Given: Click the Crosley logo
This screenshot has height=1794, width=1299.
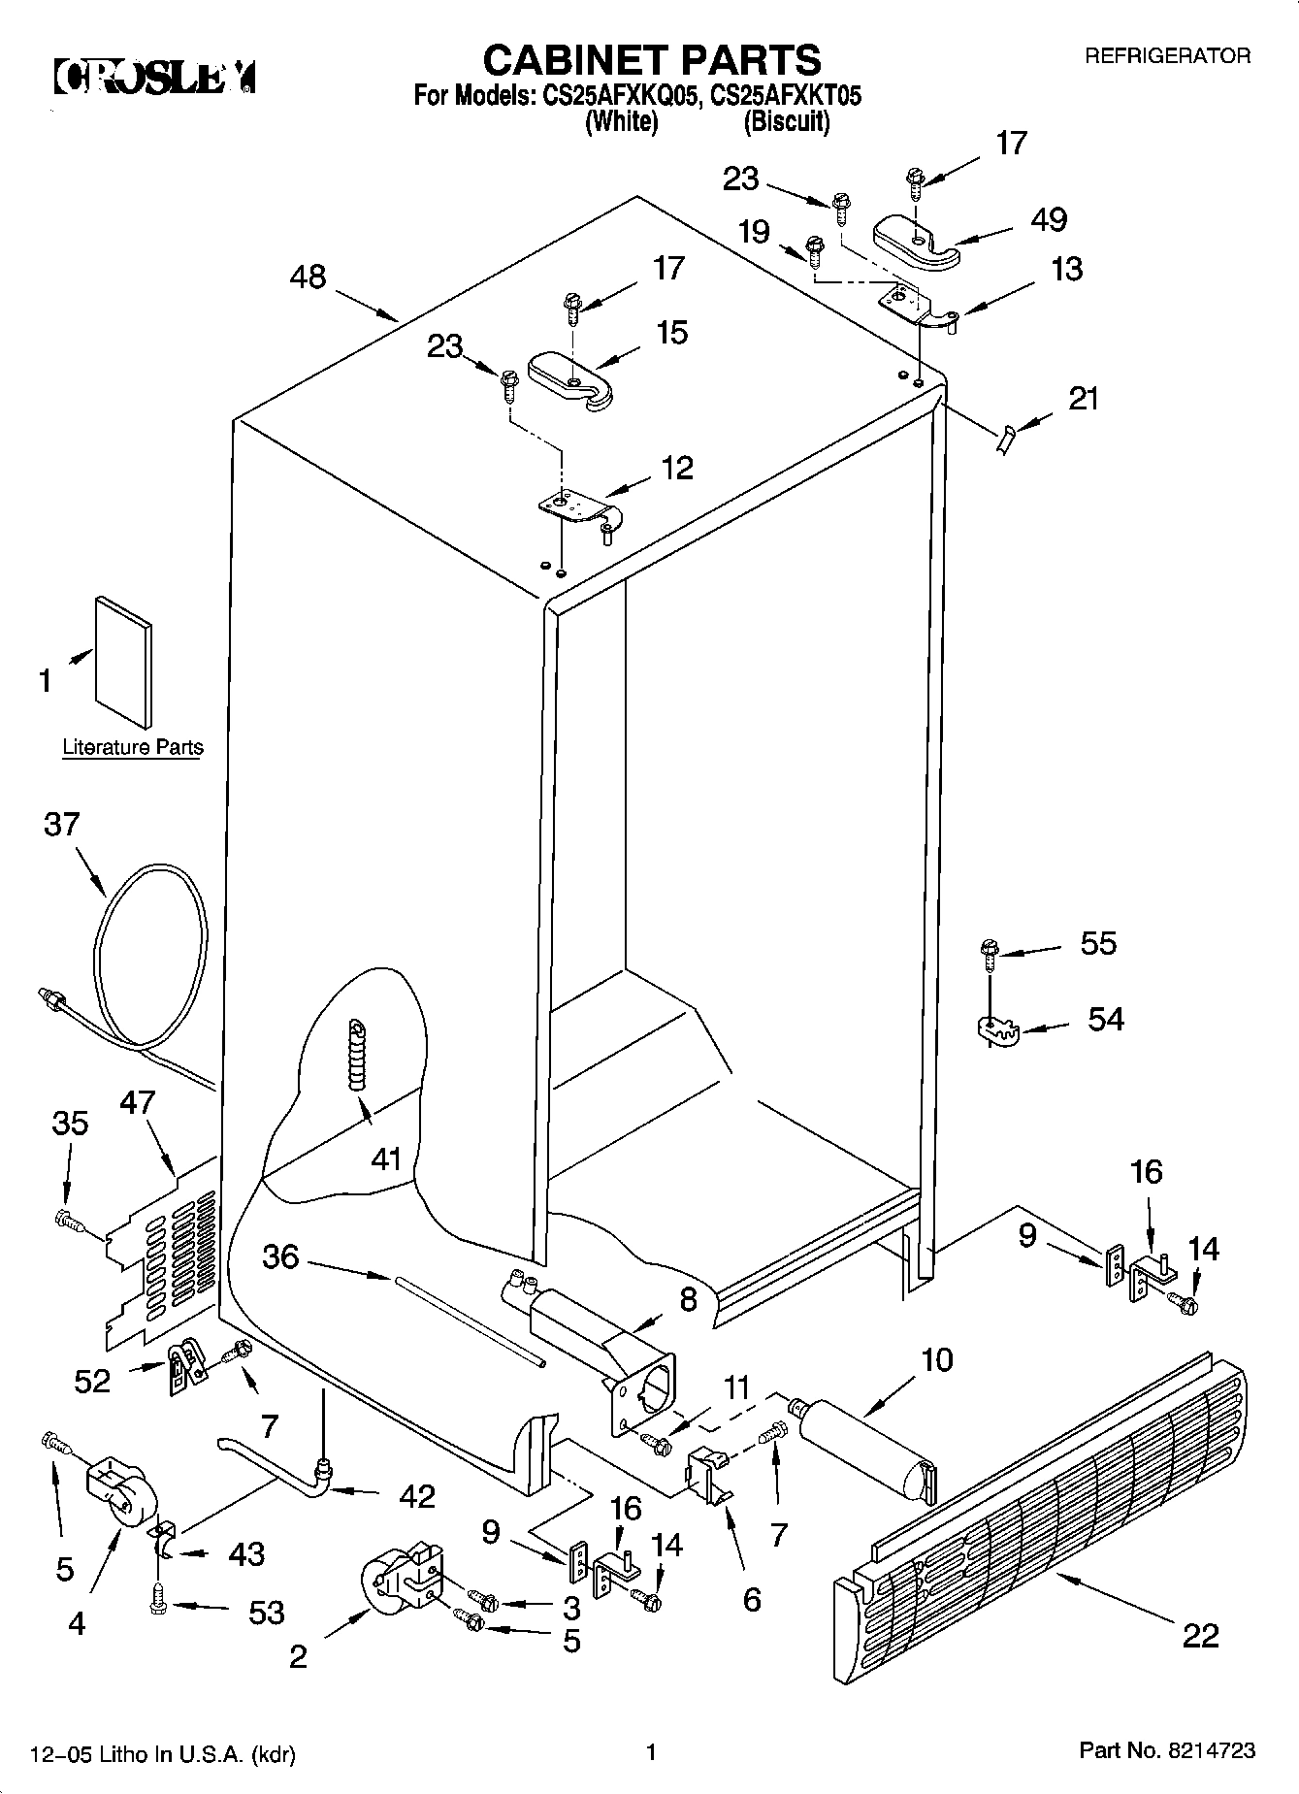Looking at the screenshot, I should (155, 77).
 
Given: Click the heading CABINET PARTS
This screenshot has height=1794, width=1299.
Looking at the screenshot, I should (651, 60).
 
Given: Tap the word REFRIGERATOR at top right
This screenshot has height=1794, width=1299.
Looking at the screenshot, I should (1166, 56).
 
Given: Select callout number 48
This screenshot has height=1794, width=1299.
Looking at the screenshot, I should (309, 277).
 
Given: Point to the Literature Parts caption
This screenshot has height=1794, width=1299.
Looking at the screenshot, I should (133, 747).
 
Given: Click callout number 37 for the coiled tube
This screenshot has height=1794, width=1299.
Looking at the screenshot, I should (61, 825).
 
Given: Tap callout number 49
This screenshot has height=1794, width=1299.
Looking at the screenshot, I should (1049, 219).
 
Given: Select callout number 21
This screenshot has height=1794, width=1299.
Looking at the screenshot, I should (1083, 398).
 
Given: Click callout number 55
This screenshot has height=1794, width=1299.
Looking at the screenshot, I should (1098, 943).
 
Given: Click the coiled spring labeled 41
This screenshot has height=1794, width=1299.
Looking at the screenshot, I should (359, 1053).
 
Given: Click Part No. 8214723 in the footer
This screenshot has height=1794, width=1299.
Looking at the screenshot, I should (1167, 1750).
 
